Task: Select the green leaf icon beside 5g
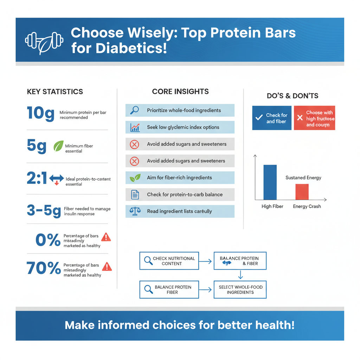tap(58, 146)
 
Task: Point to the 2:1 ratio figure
tap(37, 179)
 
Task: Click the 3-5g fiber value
tap(44, 211)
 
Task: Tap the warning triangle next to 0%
tap(106, 237)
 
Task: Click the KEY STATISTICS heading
tap(55, 92)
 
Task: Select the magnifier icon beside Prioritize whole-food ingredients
tap(134, 110)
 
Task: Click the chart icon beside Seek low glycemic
tap(135, 127)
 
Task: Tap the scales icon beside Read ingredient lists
tap(135, 211)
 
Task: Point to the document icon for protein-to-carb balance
tap(135, 194)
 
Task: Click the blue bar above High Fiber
tap(270, 182)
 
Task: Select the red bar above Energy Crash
tap(302, 192)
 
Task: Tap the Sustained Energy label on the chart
tap(303, 178)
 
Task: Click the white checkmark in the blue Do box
tap(259, 118)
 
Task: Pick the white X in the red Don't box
tap(300, 118)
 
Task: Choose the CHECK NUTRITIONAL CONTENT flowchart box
tap(169, 261)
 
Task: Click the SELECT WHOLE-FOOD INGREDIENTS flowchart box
tap(240, 289)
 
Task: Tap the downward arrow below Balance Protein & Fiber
tap(240, 275)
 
